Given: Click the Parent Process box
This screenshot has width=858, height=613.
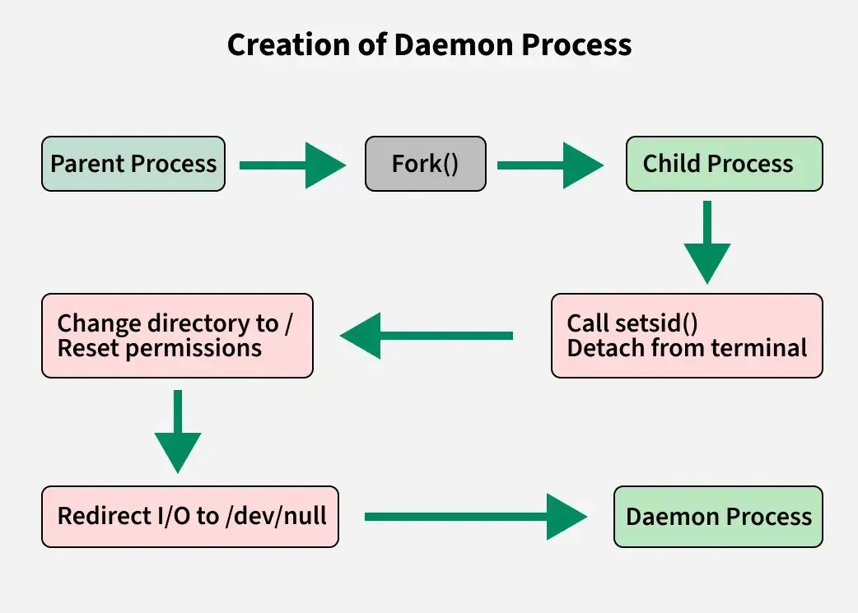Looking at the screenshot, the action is pyautogui.click(x=133, y=164).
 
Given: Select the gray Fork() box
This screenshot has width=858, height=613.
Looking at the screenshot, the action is pyautogui.click(x=425, y=164).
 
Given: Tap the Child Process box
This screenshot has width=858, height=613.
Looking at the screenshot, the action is pyautogui.click(x=724, y=164).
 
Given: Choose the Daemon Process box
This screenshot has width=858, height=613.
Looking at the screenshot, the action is pyautogui.click(x=718, y=516).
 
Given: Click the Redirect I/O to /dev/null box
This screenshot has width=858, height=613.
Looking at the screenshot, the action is pyautogui.click(x=190, y=516).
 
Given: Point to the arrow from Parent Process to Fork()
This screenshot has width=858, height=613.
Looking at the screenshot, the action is pyautogui.click(x=293, y=165).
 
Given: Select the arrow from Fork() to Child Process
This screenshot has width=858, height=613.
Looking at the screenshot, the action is pyautogui.click(x=551, y=165).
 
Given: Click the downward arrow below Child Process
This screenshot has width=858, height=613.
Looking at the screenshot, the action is pyautogui.click(x=707, y=242).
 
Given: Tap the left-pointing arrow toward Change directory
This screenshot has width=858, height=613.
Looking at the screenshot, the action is pyautogui.click(x=427, y=335).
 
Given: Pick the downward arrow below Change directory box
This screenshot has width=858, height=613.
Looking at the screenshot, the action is pyautogui.click(x=178, y=431).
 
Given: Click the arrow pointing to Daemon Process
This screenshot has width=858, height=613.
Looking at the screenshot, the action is pyautogui.click(x=476, y=517).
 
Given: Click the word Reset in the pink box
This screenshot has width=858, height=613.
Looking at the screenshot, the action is pyautogui.click(x=88, y=348).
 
